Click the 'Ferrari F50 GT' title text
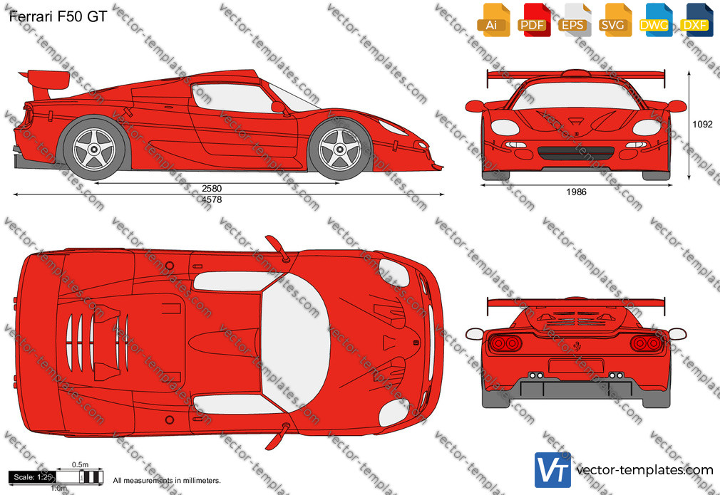coord(58,16)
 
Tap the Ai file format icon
coord(493,20)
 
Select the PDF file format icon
coord(534,20)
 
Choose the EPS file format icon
coord(575,20)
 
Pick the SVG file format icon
coord(614,20)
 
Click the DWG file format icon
coord(656,20)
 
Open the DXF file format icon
coord(696,20)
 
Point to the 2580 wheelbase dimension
coord(212,188)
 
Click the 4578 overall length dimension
coord(212,199)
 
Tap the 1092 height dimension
coord(702,125)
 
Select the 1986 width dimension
coord(576,192)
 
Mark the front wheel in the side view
coord(340,149)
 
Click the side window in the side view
coord(232,98)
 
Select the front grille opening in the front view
coord(576,153)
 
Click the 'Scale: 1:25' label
coord(33,477)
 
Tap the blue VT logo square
coord(552,470)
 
